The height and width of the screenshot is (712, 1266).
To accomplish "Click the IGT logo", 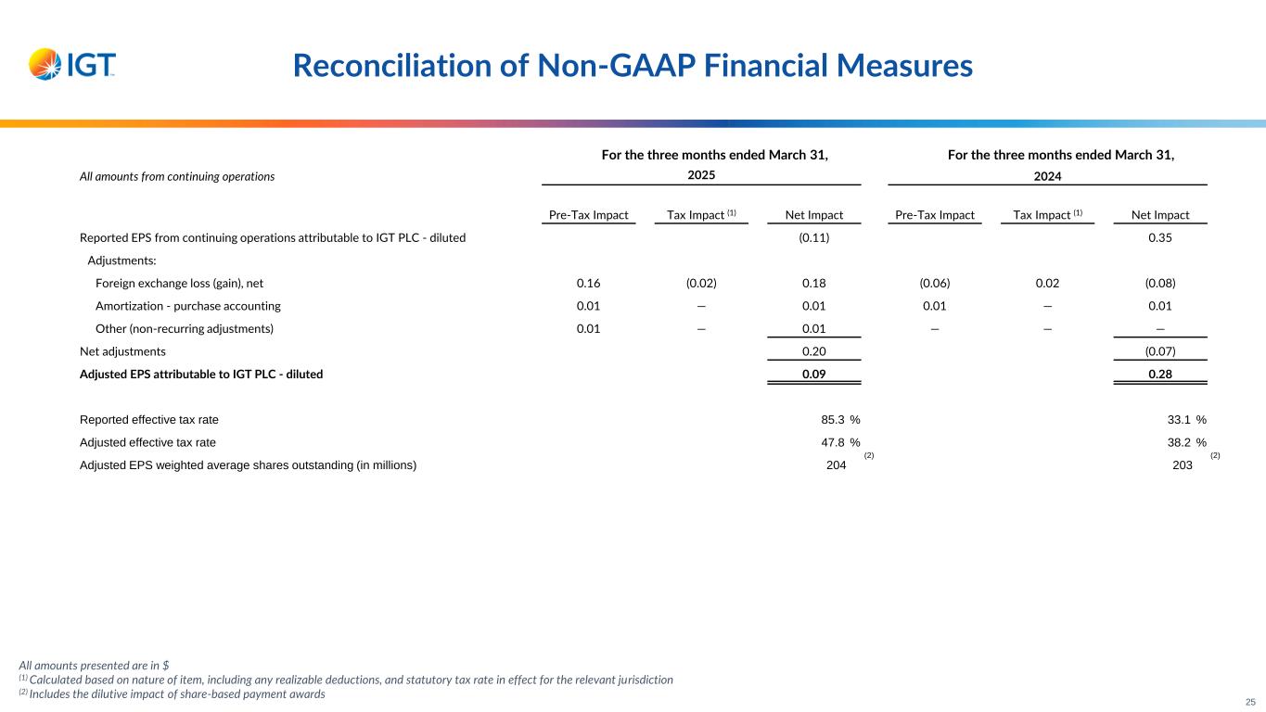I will (x=72, y=64).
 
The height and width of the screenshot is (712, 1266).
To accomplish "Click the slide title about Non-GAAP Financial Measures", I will (x=633, y=65).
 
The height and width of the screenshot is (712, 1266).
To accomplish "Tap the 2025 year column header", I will (x=702, y=175).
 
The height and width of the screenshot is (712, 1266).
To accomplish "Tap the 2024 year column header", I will (x=1048, y=175).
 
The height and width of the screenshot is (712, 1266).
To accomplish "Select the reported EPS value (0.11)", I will (x=813, y=237).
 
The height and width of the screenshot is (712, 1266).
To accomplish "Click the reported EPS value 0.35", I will (x=1160, y=237).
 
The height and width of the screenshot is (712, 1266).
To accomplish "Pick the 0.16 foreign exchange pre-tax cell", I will (x=588, y=283).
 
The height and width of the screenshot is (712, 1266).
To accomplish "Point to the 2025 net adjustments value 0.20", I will (x=813, y=351).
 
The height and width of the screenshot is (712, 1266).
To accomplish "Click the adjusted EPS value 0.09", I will (x=813, y=375).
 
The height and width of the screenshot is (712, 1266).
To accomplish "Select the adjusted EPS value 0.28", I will (x=1160, y=375).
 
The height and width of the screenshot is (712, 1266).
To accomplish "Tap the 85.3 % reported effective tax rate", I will (x=834, y=420).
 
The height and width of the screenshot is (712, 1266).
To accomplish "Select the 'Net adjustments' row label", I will (x=123, y=351).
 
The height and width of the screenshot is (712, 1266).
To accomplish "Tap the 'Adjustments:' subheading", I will (x=121, y=261).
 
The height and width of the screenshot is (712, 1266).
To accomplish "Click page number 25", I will (x=1249, y=702).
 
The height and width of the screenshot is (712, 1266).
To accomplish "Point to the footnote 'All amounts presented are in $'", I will (x=94, y=665).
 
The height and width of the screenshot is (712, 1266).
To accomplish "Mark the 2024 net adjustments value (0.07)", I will (x=1160, y=351).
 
